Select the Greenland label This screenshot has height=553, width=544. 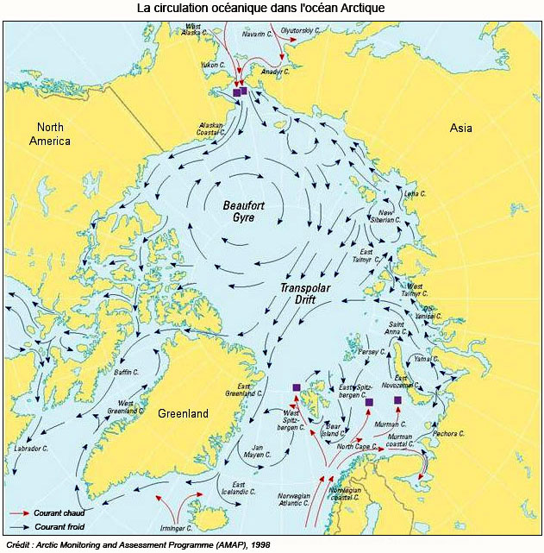tap(183, 414)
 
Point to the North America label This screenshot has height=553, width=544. tap(50, 135)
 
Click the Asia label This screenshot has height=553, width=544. tap(461, 129)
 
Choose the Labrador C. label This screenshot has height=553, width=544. tap(31, 449)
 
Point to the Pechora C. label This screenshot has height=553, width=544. tap(450, 433)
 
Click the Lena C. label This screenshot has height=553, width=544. tap(416, 193)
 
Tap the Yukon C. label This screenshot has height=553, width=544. tap(211, 65)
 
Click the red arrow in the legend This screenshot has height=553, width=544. tap(21, 512)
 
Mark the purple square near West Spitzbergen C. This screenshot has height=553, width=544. tap(296, 387)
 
